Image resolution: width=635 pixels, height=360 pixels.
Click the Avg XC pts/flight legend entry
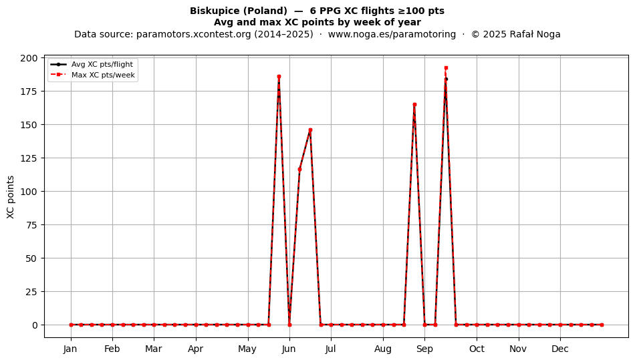92,64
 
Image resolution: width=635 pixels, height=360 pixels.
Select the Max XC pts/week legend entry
93,75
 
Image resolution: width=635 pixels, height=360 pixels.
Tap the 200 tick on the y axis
29,58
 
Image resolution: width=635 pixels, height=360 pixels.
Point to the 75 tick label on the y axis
31,225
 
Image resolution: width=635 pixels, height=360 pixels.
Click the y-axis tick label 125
29,158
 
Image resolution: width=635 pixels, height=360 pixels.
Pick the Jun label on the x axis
289,349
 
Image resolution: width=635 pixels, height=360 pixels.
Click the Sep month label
424,349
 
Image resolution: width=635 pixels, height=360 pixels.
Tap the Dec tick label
560,349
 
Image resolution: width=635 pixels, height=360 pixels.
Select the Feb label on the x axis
112,349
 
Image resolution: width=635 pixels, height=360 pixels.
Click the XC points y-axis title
11,198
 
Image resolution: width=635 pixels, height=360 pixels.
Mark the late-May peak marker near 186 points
279,76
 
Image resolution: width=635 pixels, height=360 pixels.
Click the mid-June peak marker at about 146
310,130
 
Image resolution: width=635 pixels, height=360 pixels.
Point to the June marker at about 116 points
299,170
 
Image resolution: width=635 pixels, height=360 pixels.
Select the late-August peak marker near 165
414,105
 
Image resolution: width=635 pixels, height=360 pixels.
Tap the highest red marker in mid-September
446,68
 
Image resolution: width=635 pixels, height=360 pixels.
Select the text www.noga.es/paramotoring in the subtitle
392,34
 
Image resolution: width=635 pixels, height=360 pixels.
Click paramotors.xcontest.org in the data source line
194,34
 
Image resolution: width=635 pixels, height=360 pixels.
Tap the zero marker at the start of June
289,325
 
